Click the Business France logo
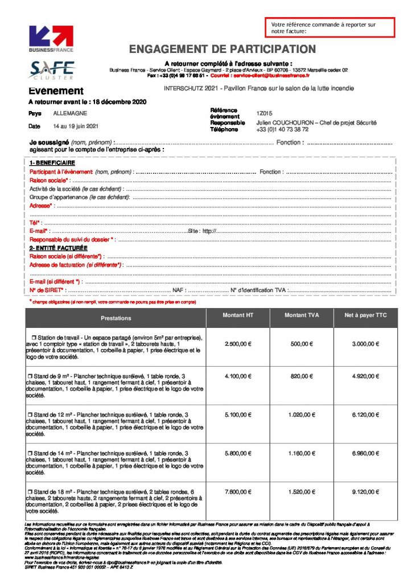tap(51, 39)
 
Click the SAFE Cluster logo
tap(52, 69)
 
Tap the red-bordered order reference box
tap(329, 28)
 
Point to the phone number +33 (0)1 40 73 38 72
tap(282, 129)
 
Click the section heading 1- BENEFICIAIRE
tap(52, 163)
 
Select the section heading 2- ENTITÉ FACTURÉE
tap(59, 248)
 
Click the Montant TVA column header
tap(302, 315)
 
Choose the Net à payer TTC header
tap(365, 315)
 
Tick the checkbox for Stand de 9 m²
tap(31, 376)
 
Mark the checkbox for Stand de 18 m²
tap(31, 491)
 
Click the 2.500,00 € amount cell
tap(238, 344)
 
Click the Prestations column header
tap(116, 318)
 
